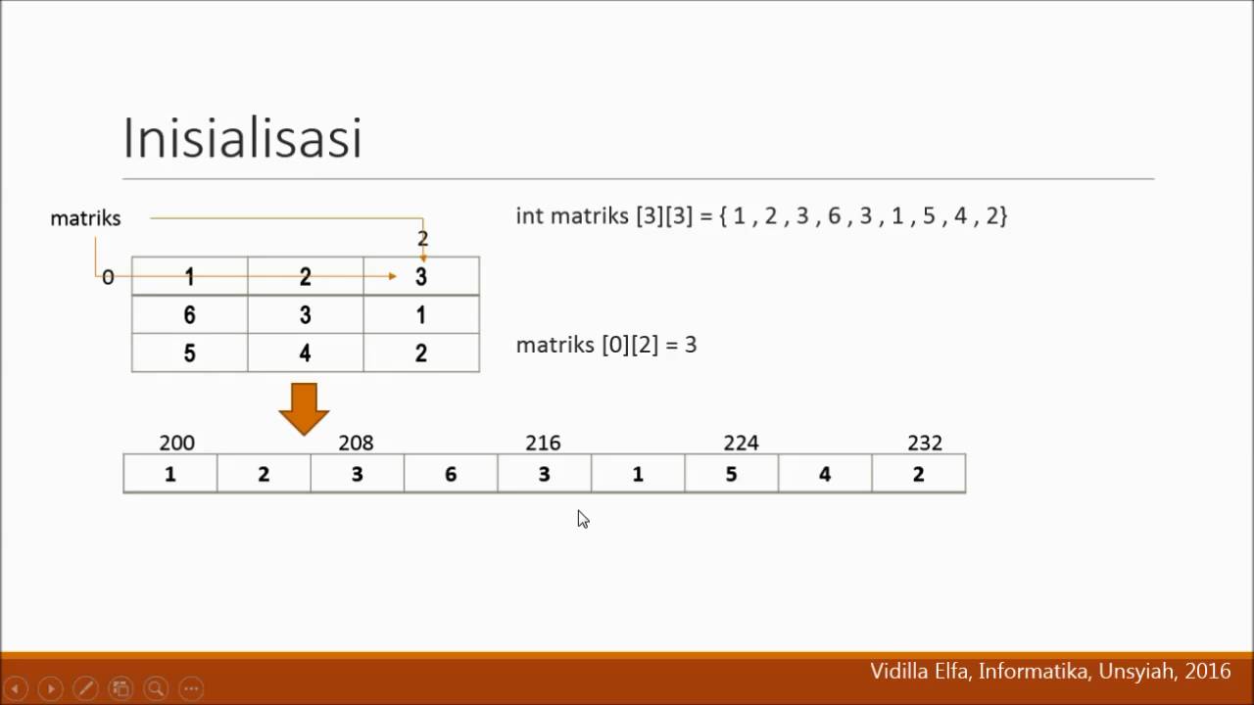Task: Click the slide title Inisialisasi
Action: click(x=242, y=138)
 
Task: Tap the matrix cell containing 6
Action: click(x=189, y=314)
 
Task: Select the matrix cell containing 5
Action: click(x=189, y=352)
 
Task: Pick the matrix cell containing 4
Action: click(x=305, y=352)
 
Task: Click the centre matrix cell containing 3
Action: click(x=305, y=314)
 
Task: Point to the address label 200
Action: click(x=176, y=443)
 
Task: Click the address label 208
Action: click(x=356, y=443)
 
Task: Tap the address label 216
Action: click(x=543, y=443)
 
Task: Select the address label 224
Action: click(x=741, y=443)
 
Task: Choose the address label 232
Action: click(x=925, y=443)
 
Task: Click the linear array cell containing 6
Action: click(x=451, y=474)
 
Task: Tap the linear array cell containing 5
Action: click(x=731, y=474)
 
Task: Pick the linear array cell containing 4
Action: click(x=825, y=474)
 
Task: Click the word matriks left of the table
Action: click(x=85, y=218)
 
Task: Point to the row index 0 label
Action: click(x=108, y=277)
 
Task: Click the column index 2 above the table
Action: click(x=422, y=238)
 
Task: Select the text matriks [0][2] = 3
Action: click(x=606, y=345)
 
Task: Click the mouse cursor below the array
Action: click(x=583, y=519)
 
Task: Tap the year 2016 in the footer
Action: click(x=1207, y=672)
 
